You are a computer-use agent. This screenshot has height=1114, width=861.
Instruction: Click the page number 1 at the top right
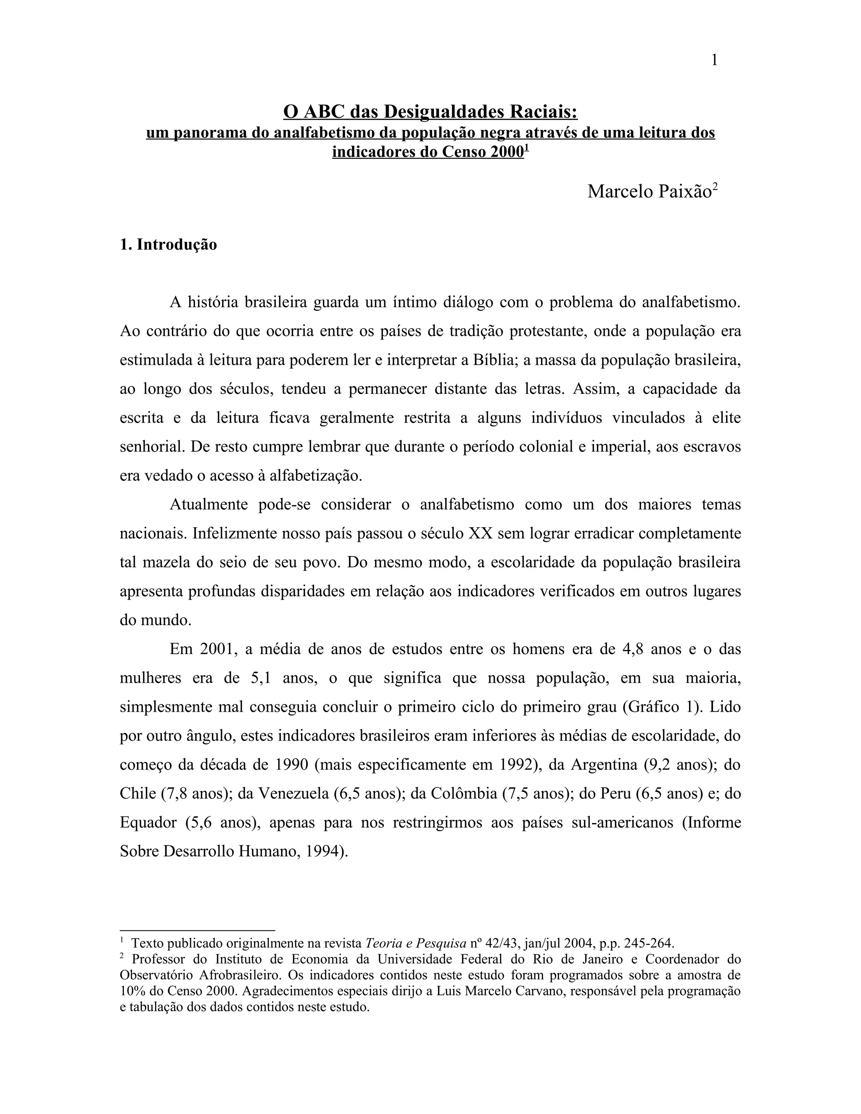(714, 61)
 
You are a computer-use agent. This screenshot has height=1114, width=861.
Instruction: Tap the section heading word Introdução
(177, 244)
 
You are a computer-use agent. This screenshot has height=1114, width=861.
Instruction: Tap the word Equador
(148, 823)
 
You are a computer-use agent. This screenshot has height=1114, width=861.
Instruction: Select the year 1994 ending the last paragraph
(321, 852)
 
